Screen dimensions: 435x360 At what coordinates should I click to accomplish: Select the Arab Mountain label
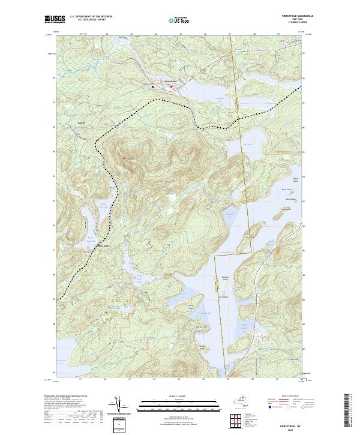pyautogui.click(x=129, y=158)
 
